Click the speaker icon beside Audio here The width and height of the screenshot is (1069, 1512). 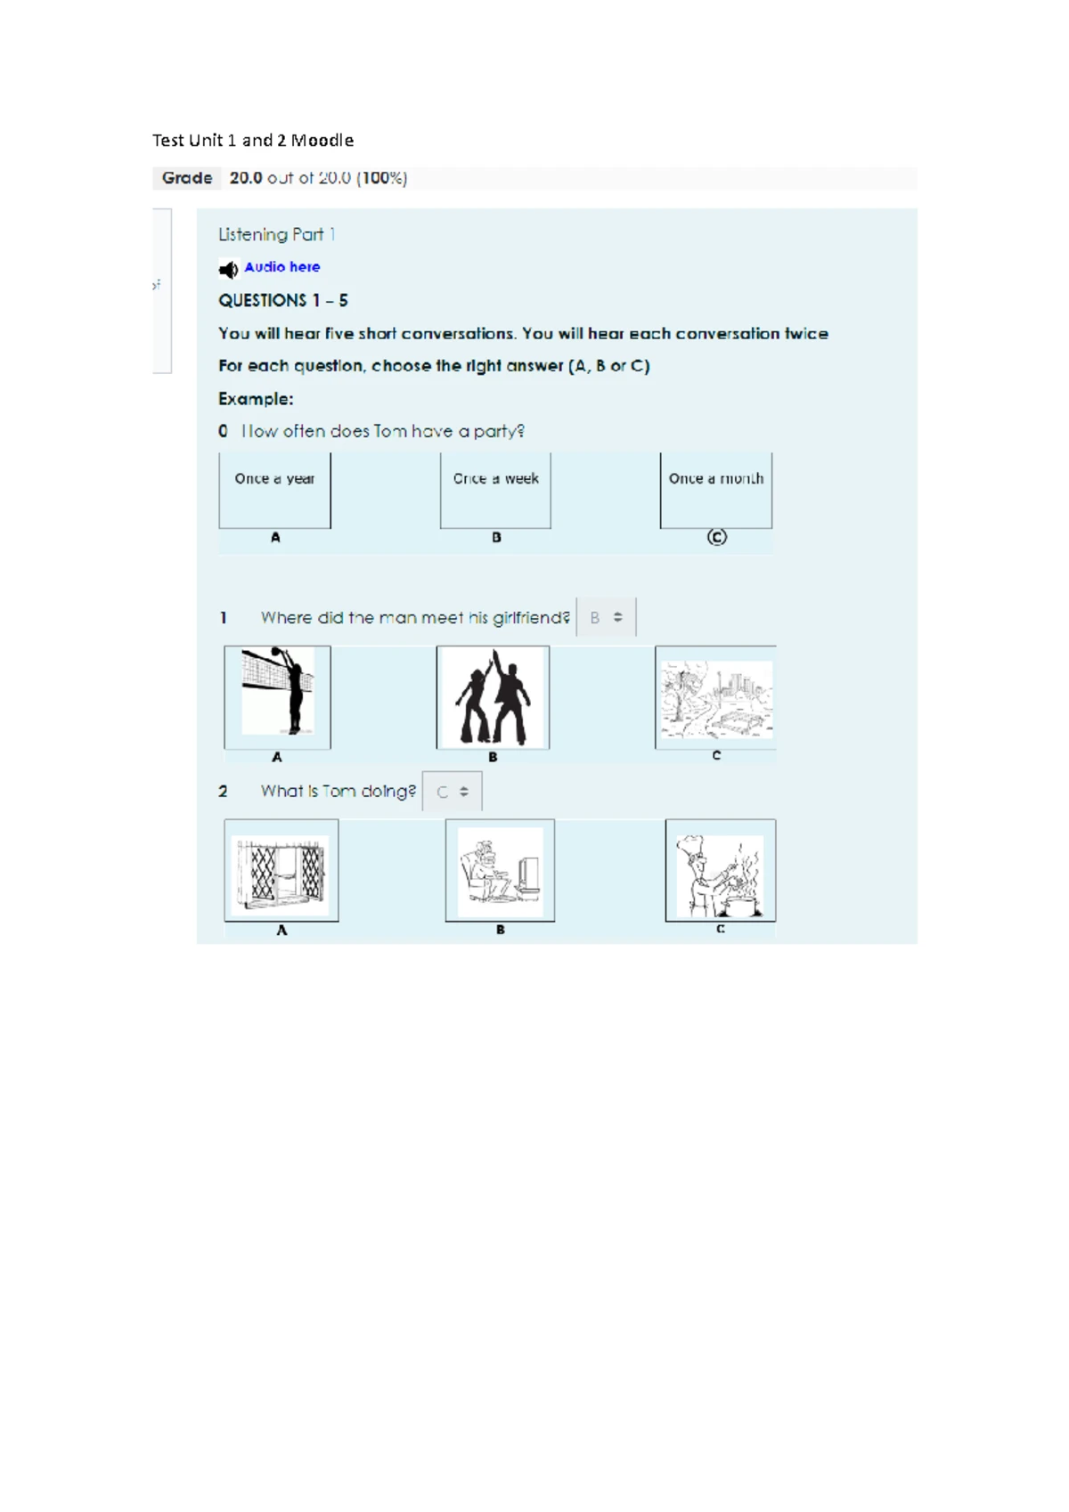(x=228, y=269)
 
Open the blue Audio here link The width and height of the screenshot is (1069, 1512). (x=282, y=266)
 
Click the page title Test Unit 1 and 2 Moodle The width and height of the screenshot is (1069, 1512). (x=253, y=141)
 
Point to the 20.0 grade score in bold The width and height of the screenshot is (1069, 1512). (x=246, y=177)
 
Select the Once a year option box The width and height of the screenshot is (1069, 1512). (x=275, y=490)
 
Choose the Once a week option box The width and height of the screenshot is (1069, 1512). (x=495, y=490)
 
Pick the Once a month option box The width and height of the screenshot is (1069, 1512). (x=716, y=490)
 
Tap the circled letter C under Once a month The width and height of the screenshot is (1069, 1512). (x=716, y=537)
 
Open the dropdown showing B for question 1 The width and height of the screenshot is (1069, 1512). (x=606, y=617)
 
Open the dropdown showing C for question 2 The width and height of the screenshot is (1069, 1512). (x=452, y=791)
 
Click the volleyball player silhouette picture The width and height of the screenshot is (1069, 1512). (x=278, y=697)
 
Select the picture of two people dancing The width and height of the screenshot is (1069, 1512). (x=493, y=697)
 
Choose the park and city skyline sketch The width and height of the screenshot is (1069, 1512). (x=716, y=697)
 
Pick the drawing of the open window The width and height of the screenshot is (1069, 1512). (x=282, y=870)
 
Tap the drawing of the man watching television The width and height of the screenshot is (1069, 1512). (x=500, y=870)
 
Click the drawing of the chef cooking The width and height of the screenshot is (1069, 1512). (x=721, y=870)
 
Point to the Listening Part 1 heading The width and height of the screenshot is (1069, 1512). (x=277, y=234)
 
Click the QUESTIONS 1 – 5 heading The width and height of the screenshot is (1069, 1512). (x=283, y=300)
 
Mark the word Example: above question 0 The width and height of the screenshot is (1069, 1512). (x=256, y=399)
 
